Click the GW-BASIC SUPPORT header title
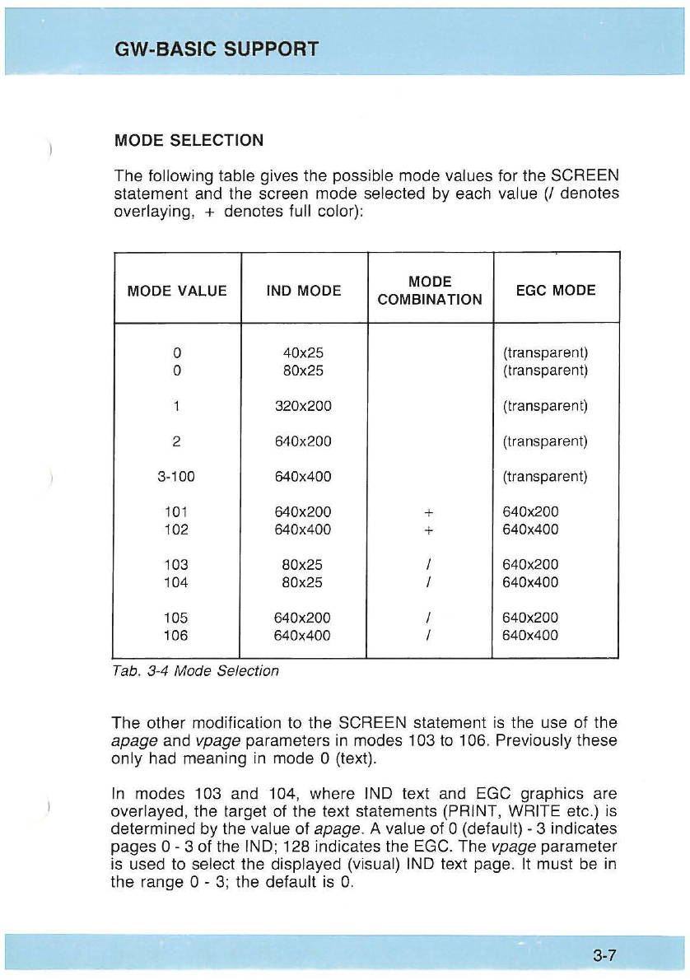coord(217,49)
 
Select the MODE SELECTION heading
coord(189,140)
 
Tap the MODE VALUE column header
coord(177,290)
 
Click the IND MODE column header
coord(303,290)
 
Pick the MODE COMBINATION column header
coord(429,290)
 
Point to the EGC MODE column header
coord(555,290)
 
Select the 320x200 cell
coord(303,406)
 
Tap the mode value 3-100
coord(177,477)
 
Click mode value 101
coord(177,511)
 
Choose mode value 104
coord(177,582)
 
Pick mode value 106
coord(177,635)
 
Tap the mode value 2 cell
coord(177,441)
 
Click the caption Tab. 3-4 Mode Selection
coord(195,670)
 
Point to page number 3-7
coord(604,956)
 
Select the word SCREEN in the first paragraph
coord(584,176)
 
